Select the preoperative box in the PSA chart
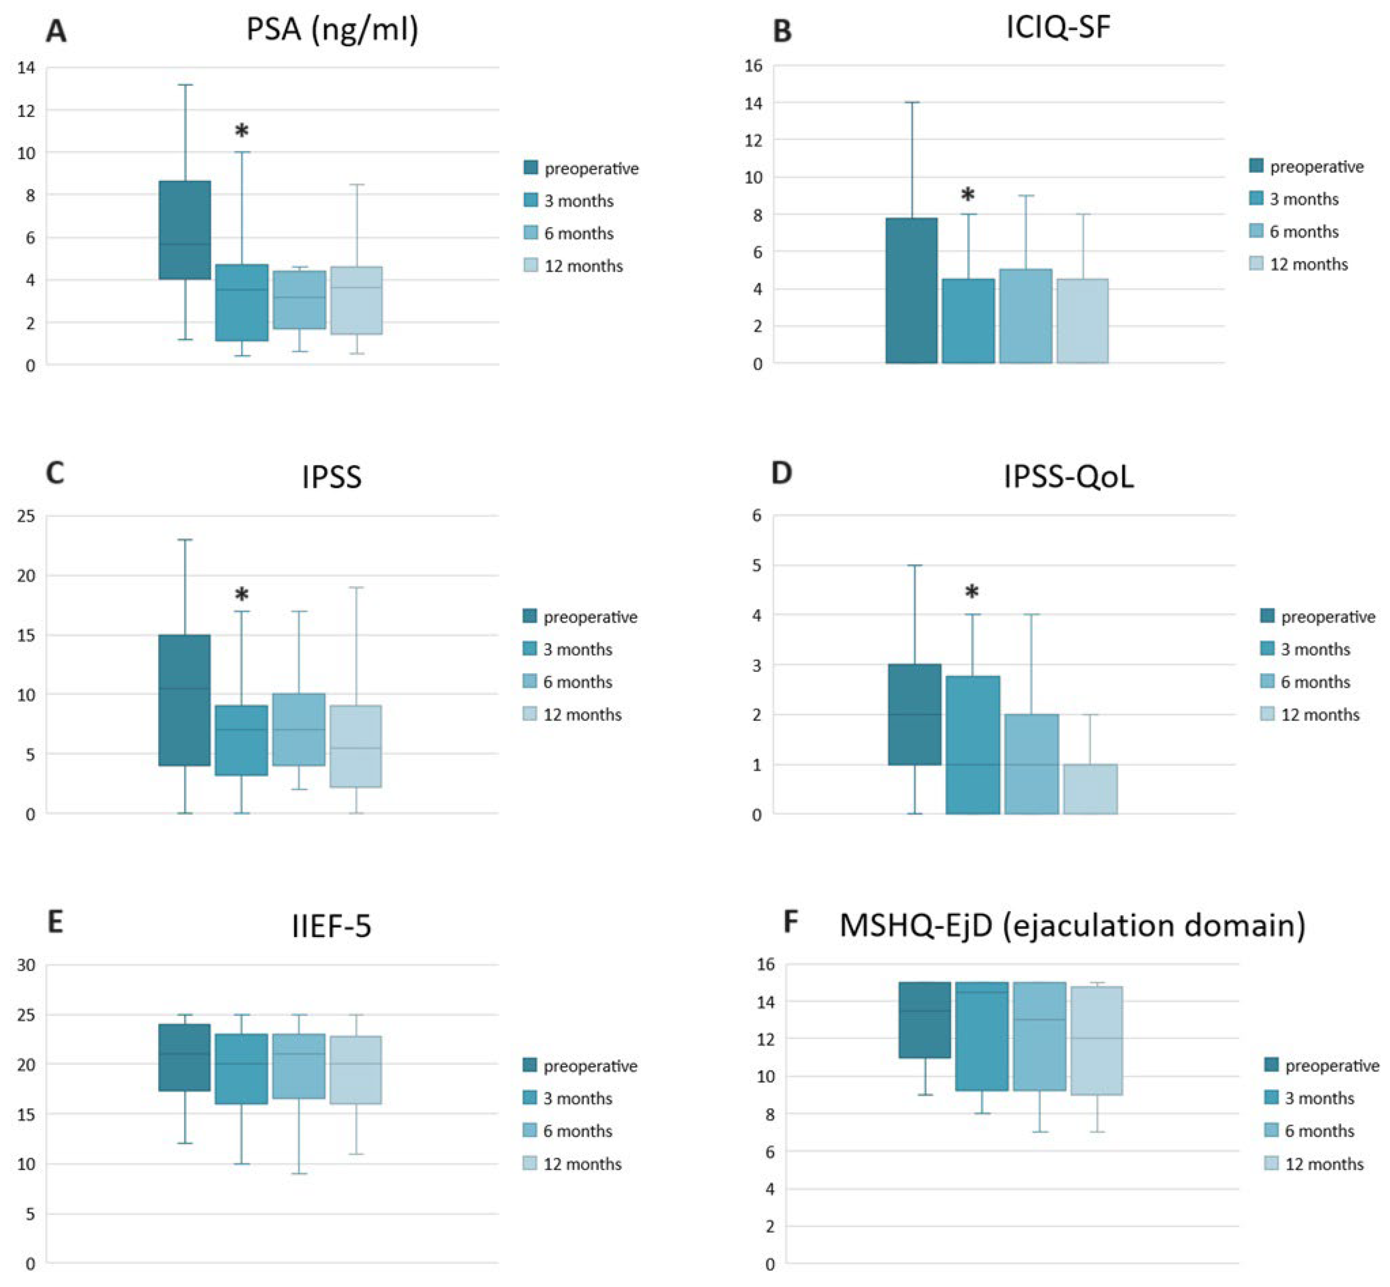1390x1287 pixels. pos(184,230)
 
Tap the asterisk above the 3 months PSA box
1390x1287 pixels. pos(242,130)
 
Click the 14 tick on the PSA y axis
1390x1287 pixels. pos(27,67)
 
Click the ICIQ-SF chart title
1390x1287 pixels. pos(1058,28)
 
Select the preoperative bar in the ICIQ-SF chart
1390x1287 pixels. pos(911,290)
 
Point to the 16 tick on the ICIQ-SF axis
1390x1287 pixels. pos(753,66)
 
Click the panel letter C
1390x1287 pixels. pos(55,473)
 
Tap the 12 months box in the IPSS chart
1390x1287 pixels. pos(356,746)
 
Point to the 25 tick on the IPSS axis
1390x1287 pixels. pos(27,516)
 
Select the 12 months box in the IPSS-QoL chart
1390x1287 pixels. pos(1091,789)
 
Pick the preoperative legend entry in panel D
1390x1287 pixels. pos(1317,617)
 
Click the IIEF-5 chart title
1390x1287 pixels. pos(331,926)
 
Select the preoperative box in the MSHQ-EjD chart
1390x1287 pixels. pos(924,1020)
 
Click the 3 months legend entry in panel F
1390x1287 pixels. pos(1309,1098)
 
